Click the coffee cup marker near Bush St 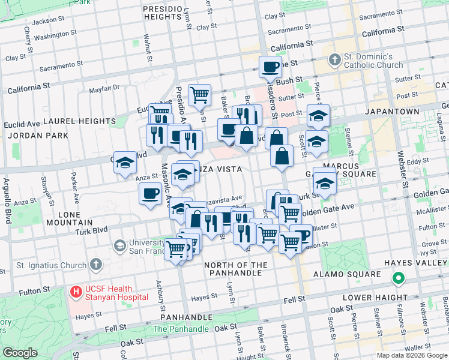click(270, 67)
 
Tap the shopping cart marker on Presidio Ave click(199, 94)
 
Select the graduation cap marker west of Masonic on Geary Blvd click(125, 163)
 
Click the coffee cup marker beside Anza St click(150, 194)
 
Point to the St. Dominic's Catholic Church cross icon click(335, 60)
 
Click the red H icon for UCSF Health click(76, 292)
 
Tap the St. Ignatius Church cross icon click(95, 265)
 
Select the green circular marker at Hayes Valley click(397, 278)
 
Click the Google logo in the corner click(20, 353)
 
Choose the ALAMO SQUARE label click(347, 274)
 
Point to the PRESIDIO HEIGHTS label click(162, 14)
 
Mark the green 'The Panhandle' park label click(180, 329)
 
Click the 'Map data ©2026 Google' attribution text click(411, 355)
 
